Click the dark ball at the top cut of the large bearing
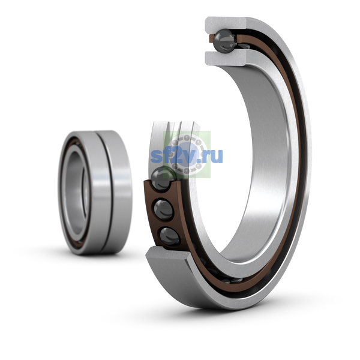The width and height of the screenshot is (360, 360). pos(224,42)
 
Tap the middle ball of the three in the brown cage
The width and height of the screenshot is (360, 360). pos(163,210)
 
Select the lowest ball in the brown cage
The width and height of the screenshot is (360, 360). pos(169,236)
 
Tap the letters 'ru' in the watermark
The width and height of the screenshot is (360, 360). pos(214,156)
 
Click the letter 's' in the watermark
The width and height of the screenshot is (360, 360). pos(157,157)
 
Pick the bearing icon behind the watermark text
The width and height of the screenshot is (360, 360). pos(187,154)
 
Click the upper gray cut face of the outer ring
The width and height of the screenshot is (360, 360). pos(226,23)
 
